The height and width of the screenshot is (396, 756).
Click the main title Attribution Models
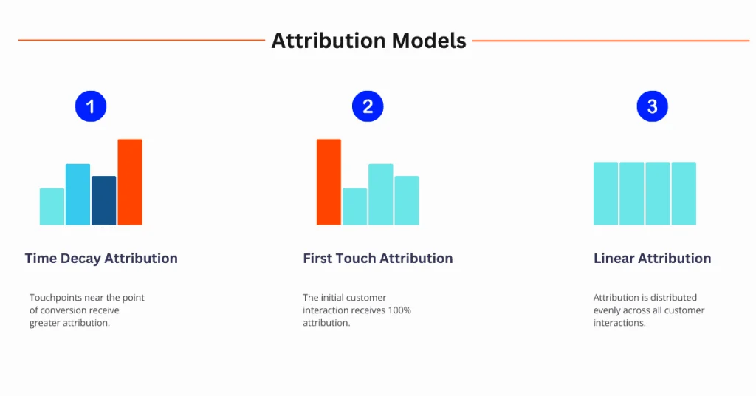tap(368, 41)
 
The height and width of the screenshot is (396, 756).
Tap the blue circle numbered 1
tap(91, 106)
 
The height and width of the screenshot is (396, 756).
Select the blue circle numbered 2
tap(368, 106)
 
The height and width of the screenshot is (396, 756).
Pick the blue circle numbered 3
tap(652, 106)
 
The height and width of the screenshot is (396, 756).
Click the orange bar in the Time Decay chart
tap(130, 182)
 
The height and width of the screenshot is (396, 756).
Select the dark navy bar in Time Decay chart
tap(104, 200)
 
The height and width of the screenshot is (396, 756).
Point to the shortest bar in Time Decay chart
tap(52, 207)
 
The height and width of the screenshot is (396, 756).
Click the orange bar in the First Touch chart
tap(329, 182)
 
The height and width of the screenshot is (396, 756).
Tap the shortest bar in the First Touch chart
tap(354, 207)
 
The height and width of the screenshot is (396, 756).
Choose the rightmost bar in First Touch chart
tap(407, 200)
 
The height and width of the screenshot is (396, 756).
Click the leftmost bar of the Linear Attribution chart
tap(605, 194)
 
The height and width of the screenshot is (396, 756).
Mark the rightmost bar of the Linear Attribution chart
tap(684, 194)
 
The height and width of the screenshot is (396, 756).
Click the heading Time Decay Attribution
tap(101, 259)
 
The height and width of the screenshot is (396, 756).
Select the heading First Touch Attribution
tap(377, 259)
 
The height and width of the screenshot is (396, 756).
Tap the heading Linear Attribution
tap(652, 259)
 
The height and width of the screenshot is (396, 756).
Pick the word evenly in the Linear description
tap(607, 310)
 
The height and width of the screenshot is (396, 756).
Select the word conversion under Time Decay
tap(64, 310)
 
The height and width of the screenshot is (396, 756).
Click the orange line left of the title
tap(140, 41)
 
